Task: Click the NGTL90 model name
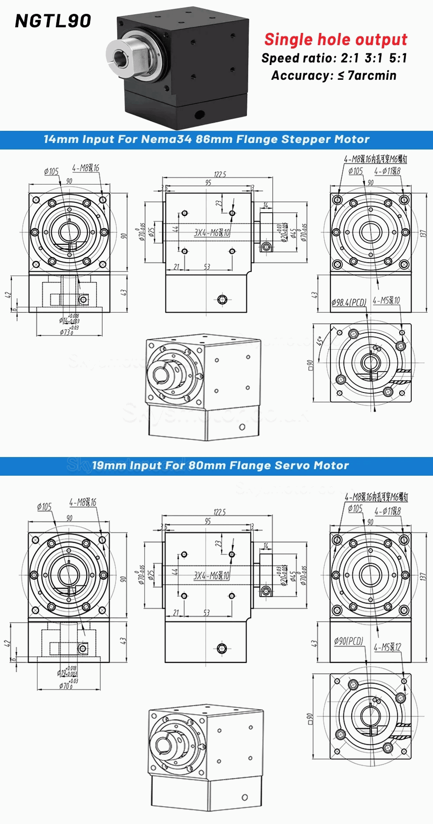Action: pos(53,21)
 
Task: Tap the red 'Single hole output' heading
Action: pos(336,39)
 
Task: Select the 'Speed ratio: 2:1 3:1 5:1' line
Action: pos(334,58)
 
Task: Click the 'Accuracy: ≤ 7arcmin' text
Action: pos(333,75)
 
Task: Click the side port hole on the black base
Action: pos(200,114)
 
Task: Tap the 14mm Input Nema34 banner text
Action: pos(207,139)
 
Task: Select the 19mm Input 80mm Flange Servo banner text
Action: pos(220,466)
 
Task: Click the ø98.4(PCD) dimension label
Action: pos(349,302)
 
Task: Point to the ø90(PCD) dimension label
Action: pos(349,641)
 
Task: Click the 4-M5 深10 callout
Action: pos(386,300)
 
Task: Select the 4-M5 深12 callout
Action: pos(387,647)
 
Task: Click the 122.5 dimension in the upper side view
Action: pos(220,174)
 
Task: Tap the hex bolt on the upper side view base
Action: pos(222,299)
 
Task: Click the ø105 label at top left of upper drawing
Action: pos(51,172)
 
